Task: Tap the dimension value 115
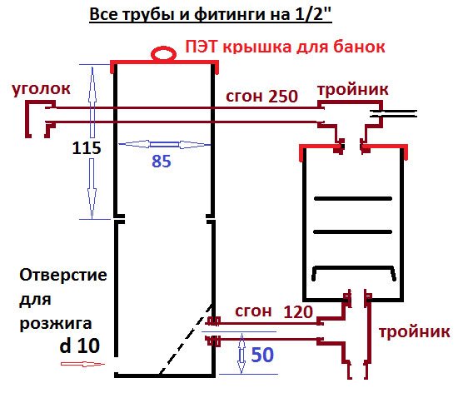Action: tap(87, 147)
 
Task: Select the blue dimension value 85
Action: tap(162, 162)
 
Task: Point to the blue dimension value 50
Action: tap(262, 355)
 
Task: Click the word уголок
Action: tap(41, 88)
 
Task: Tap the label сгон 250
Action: tap(261, 97)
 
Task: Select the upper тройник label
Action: tap(353, 89)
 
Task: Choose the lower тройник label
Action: tap(415, 332)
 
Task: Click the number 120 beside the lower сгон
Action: tap(298, 311)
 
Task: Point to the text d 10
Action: tap(79, 346)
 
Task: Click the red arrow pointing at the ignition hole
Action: tap(82, 364)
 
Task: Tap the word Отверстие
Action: tap(63, 275)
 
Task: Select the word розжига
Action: tap(56, 324)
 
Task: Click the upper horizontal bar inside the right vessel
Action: tap(353, 199)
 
